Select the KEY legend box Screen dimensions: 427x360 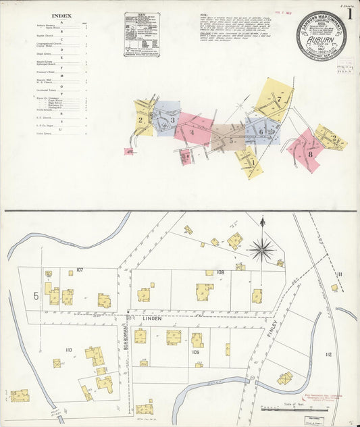click(x=142, y=34)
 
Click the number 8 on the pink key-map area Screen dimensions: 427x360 click(x=310, y=153)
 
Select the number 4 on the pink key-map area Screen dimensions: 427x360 click(x=192, y=132)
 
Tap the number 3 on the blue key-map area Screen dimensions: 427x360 click(x=172, y=121)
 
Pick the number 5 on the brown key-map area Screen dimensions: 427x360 click(x=231, y=141)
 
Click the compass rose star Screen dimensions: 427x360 click(x=261, y=249)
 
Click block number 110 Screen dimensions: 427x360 click(x=68, y=349)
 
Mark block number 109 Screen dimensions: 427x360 click(x=196, y=352)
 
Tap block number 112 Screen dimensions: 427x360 click(x=328, y=354)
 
